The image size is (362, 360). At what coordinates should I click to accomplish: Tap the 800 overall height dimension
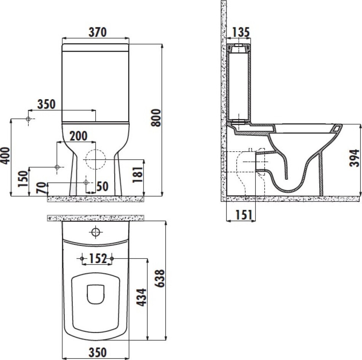(156, 117)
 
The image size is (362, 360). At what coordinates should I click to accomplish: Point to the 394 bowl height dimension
(354, 158)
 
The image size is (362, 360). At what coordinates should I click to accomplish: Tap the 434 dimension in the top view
(141, 297)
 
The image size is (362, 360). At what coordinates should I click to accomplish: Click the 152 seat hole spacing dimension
(98, 259)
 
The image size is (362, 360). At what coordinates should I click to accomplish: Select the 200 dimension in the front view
(78, 136)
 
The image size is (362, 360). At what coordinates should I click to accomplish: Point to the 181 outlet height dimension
(137, 174)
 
